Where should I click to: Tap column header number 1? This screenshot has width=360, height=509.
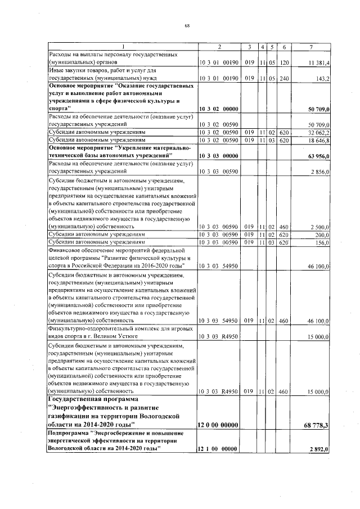click(122, 46)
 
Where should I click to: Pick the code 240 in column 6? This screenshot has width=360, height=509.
click(285, 79)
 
